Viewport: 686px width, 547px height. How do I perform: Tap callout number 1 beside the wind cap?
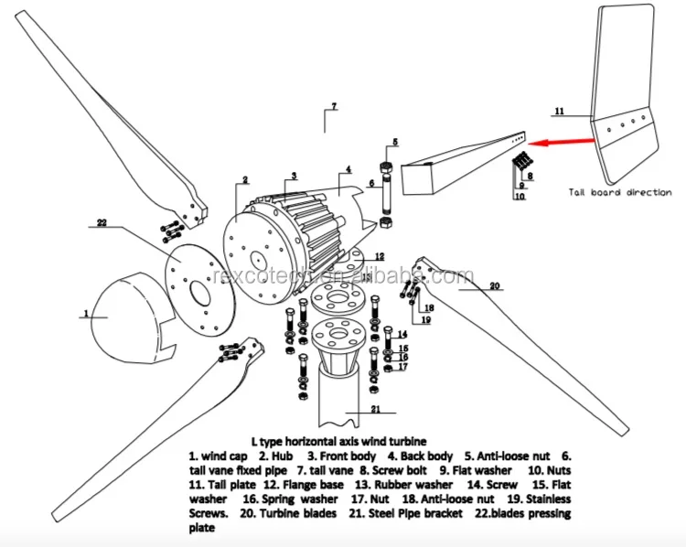(85, 314)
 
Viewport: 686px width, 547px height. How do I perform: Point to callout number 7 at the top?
(334, 107)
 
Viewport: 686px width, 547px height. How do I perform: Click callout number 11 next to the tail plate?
(560, 111)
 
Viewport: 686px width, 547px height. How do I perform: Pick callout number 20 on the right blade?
(495, 286)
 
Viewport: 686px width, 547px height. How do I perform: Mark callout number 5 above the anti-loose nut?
(396, 141)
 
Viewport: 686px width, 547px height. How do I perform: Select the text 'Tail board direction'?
(620, 193)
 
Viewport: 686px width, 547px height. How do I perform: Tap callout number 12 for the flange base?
(379, 256)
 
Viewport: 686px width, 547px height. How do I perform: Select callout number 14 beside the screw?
(402, 335)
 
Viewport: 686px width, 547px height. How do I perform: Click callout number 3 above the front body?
(294, 175)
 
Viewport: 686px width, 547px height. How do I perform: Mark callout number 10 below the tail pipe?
(519, 196)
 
